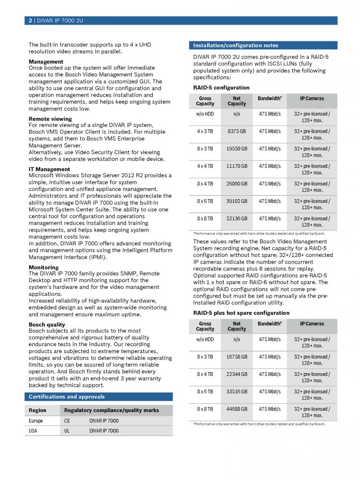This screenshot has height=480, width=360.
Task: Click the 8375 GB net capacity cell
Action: [x=237, y=131]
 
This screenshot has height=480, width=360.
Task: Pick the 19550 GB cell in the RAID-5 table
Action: [x=237, y=149]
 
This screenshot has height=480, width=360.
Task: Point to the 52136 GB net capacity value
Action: [x=237, y=218]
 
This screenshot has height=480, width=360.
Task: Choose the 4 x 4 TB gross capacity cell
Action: [x=205, y=166]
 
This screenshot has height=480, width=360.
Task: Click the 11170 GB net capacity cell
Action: [x=237, y=166]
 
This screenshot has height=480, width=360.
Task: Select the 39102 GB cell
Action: [x=237, y=201]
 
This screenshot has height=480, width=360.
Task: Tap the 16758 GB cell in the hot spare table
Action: [x=237, y=357]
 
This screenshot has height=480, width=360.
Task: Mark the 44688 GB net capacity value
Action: [x=237, y=409]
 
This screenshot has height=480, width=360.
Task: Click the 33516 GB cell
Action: [x=237, y=391]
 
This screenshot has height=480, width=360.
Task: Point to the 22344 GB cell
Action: [x=237, y=374]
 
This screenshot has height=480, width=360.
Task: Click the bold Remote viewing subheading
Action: [x=50, y=119]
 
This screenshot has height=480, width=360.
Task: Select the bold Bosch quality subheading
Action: [x=47, y=324]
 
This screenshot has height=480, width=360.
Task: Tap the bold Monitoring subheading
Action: [x=44, y=268]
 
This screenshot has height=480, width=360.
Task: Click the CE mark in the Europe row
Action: [x=67, y=421]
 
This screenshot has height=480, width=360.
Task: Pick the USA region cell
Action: [x=33, y=431]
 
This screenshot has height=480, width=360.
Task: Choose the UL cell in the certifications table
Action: [x=67, y=431]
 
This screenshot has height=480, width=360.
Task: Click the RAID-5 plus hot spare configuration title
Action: [x=241, y=313]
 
